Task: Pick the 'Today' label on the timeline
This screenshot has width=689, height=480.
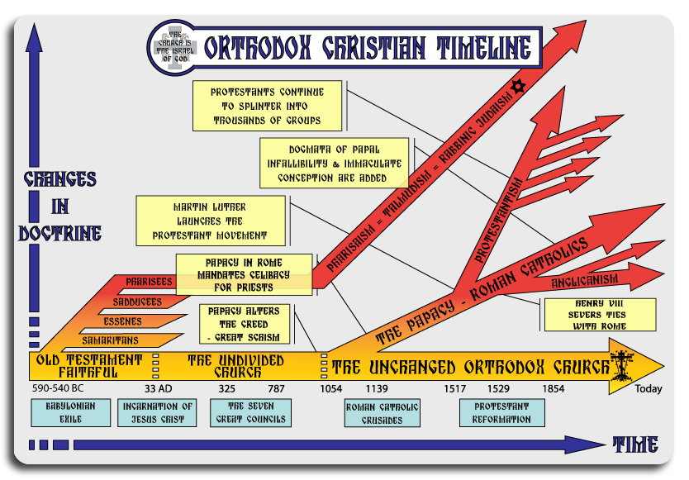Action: (649, 390)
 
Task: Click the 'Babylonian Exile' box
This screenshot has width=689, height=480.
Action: (70, 412)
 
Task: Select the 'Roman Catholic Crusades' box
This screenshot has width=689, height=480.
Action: (382, 413)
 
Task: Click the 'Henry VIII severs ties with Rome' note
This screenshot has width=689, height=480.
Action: (599, 314)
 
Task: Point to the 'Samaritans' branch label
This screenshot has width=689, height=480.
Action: (111, 340)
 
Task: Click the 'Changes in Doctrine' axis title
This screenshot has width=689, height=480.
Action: (59, 206)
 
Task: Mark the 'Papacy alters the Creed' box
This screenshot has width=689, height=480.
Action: (245, 324)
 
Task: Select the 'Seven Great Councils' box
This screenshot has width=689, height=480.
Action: (249, 412)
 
